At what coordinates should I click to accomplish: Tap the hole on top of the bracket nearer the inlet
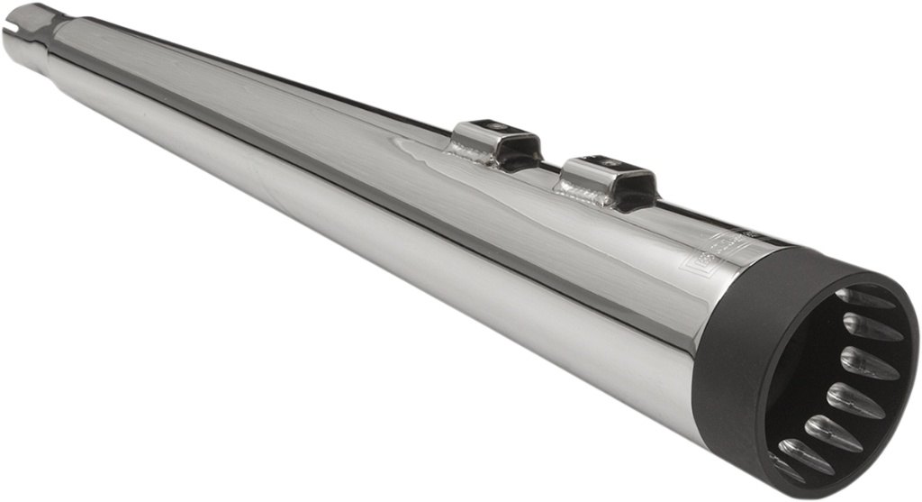[x=494, y=126]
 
